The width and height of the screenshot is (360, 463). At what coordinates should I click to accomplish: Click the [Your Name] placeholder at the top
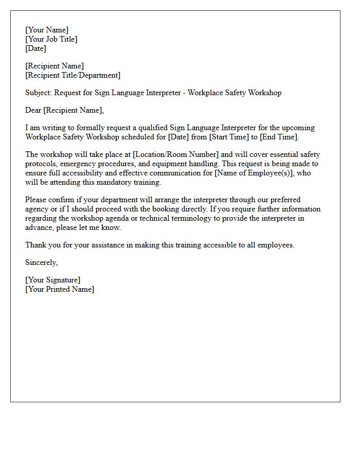coord(47,30)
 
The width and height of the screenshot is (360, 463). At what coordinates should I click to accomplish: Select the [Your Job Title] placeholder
coord(51,39)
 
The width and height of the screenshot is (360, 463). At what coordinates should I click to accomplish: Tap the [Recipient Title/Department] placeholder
coord(73,75)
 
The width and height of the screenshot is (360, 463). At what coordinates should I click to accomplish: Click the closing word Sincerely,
coord(42,262)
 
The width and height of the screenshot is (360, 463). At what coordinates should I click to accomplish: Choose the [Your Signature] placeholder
coord(52,280)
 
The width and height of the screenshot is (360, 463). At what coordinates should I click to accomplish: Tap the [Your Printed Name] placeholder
coord(60,289)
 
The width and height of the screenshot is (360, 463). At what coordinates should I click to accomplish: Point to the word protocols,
coord(41,164)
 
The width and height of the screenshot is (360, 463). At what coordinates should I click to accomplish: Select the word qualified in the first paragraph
coord(152,128)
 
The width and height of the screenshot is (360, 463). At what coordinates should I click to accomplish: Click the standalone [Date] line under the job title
coord(35,48)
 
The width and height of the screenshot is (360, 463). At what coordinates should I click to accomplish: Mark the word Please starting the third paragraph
coord(36,200)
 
